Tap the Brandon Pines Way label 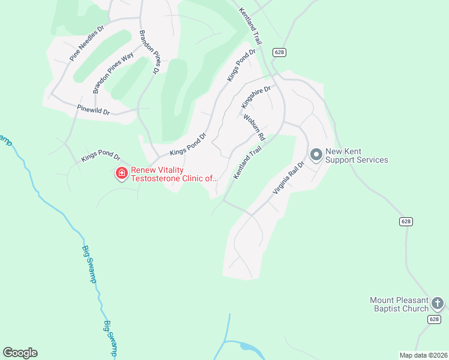click(113, 73)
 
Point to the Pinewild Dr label click(94, 110)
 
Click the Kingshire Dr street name click(256, 97)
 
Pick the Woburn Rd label click(254, 127)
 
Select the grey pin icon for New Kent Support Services click(316, 154)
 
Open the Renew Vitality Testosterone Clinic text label click(173, 173)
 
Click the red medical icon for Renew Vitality click(121, 173)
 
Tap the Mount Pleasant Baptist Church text click(399, 304)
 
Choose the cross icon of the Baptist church click(438, 304)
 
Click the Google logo click(20, 352)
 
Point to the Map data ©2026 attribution click(423, 355)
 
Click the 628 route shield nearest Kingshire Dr click(279, 53)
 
